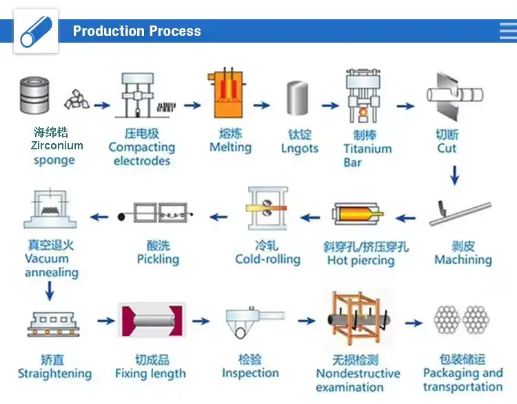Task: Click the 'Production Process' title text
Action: pos(136,31)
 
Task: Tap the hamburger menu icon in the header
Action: pos(507,31)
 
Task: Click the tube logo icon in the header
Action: pos(36,31)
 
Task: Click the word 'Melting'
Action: pos(230,147)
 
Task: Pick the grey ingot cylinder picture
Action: pos(298,98)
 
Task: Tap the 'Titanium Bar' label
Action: pos(367,156)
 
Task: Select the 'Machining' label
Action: pos(463,260)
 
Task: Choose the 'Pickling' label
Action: pos(158,259)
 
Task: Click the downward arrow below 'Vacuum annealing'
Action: pos(49,292)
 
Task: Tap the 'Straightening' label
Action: pos(54,374)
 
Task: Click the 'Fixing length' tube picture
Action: pos(152,322)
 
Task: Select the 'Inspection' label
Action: pos(250,373)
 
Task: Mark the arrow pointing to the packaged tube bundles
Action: pos(414,322)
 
